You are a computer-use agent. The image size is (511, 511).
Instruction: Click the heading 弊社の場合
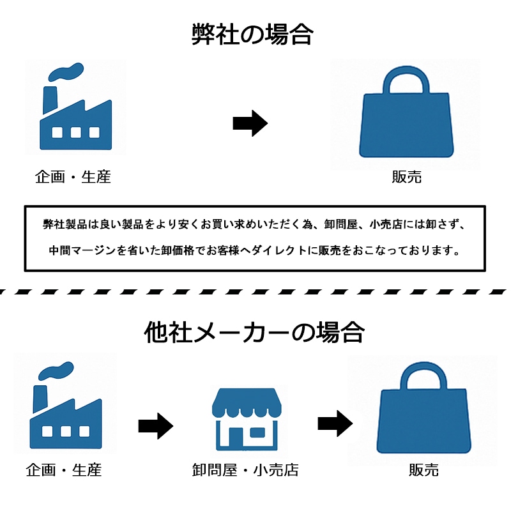pos(252,34)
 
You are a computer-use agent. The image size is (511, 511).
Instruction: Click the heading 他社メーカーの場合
pos(255,332)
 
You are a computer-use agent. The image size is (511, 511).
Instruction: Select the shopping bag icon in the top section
pos(406,115)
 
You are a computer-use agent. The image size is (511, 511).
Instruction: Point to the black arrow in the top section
pos(249,123)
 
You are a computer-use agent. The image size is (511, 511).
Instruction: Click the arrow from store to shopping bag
pos(335,422)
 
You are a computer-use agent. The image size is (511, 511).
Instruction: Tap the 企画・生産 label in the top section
pos(73,177)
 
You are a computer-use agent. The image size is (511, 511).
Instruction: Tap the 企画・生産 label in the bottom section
pos(64,471)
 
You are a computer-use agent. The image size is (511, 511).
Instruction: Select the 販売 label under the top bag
pos(406,177)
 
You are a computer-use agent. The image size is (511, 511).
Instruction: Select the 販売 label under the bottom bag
pos(424,471)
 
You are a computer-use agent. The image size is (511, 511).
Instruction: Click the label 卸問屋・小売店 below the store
pos(245,471)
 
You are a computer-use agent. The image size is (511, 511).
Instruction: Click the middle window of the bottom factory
pos(65,431)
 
